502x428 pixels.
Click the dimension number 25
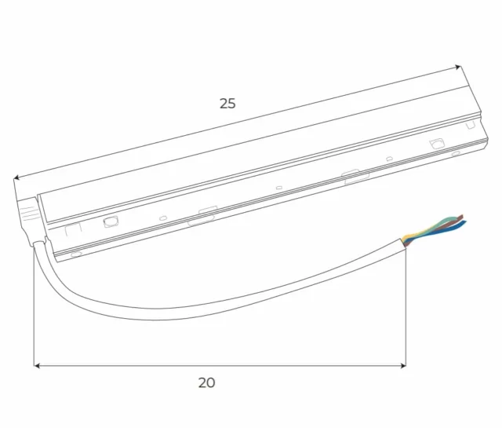[x=227, y=103]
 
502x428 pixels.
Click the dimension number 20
[x=206, y=383]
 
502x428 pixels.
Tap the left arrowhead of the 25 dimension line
[x=17, y=178]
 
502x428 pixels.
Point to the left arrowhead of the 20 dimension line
[x=37, y=365]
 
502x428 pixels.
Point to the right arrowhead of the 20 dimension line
[x=402, y=365]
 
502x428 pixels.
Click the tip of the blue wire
[x=465, y=225]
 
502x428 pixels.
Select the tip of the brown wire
[x=463, y=215]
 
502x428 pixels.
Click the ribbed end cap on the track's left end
[x=27, y=210]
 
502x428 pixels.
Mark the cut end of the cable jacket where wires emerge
[x=405, y=240]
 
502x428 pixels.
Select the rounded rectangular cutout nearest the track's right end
[x=437, y=143]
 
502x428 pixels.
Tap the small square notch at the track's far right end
[x=471, y=124]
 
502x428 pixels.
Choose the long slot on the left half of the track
[x=202, y=218]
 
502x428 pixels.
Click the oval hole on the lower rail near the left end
[x=76, y=254]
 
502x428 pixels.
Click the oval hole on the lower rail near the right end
[x=456, y=153]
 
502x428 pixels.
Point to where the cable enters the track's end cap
[x=36, y=243]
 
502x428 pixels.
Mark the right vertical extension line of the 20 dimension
[x=406, y=306]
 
